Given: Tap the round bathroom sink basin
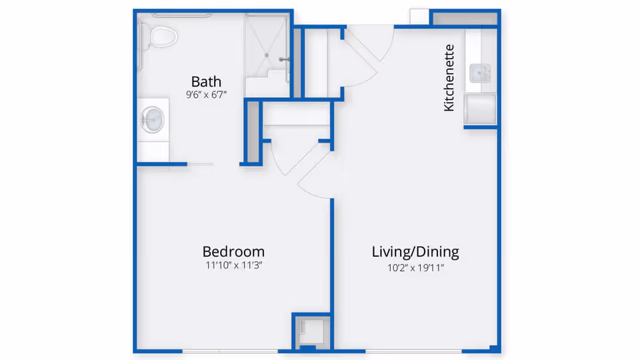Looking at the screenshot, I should pos(153,120).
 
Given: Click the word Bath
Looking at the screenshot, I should pos(206,81).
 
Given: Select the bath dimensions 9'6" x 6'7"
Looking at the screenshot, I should pos(206,95).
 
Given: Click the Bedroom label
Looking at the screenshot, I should pos(233,251).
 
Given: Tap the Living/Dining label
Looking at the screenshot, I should pos(415,251).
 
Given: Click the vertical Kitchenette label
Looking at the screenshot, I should pos(449,77).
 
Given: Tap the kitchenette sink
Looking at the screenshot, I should pos(480,72).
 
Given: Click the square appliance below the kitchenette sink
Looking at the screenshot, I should pos(480,109).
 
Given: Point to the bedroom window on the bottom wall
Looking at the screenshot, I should pos(230,351).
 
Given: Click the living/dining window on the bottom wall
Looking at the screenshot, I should pos(413,351).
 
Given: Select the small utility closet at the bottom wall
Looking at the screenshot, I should pos(311,331).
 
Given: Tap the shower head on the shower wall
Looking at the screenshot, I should pos(285,59).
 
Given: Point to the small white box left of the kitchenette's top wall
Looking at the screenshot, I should pos(419,17).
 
